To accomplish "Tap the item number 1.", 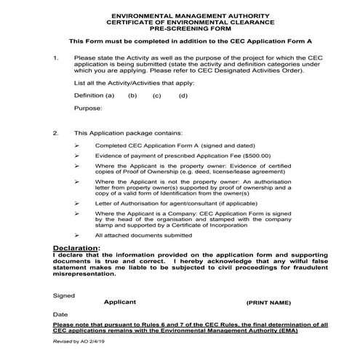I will pos(56,57).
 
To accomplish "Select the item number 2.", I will pos(56,133).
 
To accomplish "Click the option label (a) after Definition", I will pos(110,95).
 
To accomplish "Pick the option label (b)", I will pos(132,95).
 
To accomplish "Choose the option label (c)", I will pos(156,95).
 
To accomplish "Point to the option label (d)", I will pos(183,95).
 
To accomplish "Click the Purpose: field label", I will pos(88,108).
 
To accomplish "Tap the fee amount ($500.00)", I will pos(255,155).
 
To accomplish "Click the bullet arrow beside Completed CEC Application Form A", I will pos(78,145).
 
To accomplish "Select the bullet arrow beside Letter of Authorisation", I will pos(78,204).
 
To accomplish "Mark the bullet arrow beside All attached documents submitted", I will pos(78,236).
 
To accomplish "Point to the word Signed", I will pos(64,294).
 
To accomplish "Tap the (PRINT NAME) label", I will pos(268,301).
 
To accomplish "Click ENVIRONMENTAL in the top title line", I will pos(140,15).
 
